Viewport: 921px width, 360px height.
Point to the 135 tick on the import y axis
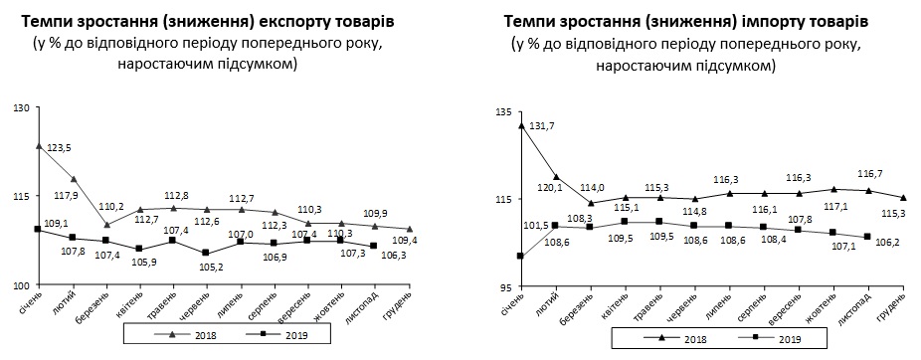[x=503, y=113]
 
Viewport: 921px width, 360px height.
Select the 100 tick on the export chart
[x=20, y=285]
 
